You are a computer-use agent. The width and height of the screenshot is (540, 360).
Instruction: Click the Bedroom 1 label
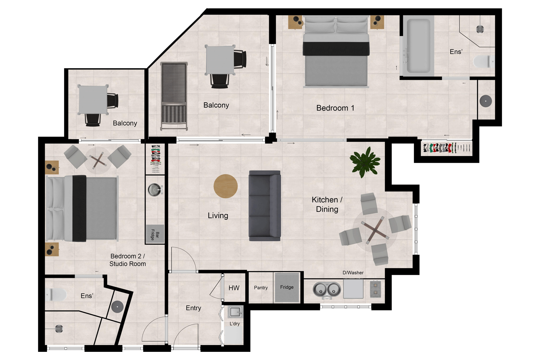[x=335, y=108]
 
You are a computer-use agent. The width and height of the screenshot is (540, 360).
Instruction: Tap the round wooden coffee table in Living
[x=226, y=186]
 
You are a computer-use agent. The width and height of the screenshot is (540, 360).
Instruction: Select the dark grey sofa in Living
[x=265, y=206]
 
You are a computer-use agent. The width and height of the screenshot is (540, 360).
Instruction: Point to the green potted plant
[x=365, y=162]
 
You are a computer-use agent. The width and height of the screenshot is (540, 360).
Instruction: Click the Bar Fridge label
[x=155, y=235]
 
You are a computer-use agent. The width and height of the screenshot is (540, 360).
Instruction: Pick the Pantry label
[x=261, y=288]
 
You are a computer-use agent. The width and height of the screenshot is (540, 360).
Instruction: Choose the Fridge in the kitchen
[x=287, y=287]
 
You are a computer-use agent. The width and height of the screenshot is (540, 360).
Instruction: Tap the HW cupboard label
[x=234, y=288]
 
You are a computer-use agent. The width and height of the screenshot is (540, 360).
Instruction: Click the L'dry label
[x=235, y=324]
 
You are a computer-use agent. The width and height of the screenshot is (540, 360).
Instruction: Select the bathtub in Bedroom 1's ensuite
[x=418, y=46]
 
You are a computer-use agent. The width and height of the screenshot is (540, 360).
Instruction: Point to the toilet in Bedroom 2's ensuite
[x=56, y=294]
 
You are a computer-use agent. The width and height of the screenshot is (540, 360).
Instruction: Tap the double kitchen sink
[x=327, y=290]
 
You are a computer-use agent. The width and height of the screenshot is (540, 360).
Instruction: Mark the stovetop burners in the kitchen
[x=375, y=289]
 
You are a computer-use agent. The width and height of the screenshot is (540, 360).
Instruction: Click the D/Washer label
[x=353, y=273]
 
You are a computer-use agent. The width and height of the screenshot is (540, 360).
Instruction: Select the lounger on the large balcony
[x=174, y=96]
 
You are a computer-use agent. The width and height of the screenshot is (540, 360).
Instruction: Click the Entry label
[x=193, y=308]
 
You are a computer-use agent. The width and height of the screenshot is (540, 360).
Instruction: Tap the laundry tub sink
[x=235, y=312]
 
